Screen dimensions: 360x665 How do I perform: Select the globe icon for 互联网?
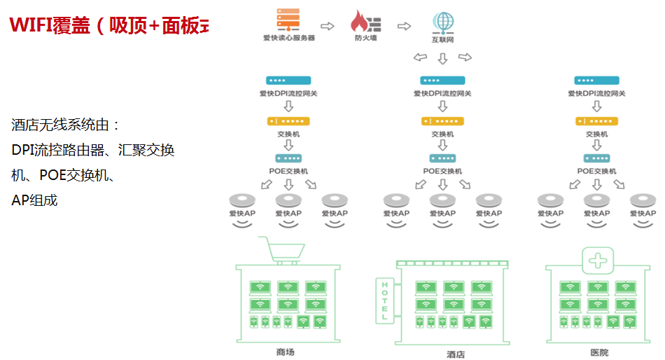click(x=442, y=20)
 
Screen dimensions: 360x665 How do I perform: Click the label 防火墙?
click(x=365, y=39)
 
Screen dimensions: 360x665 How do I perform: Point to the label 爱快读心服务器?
click(x=288, y=39)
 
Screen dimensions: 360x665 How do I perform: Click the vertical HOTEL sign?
click(x=384, y=300)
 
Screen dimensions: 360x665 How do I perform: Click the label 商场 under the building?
click(x=286, y=352)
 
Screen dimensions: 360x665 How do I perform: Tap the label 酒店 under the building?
click(x=455, y=354)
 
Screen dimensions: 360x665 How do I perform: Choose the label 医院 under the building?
click(x=599, y=352)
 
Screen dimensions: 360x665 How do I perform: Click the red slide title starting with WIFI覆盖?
click(x=108, y=26)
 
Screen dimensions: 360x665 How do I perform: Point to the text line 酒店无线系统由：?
click(x=66, y=125)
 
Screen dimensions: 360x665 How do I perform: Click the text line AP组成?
click(x=34, y=200)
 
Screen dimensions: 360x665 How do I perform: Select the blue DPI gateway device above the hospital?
click(x=596, y=81)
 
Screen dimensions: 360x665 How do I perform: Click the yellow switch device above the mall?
click(x=288, y=121)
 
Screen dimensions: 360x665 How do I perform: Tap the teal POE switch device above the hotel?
click(x=442, y=158)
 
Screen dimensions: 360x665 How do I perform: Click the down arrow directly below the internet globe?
click(x=442, y=59)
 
